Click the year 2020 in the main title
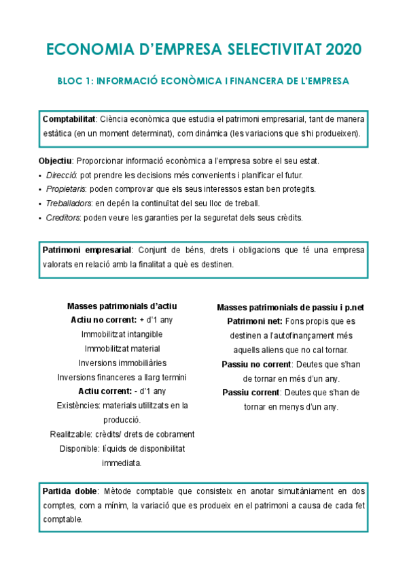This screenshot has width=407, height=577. (x=343, y=50)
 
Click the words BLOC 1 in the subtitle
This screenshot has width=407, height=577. (x=73, y=81)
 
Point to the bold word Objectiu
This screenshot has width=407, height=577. (x=56, y=161)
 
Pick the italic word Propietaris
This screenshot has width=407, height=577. (x=67, y=189)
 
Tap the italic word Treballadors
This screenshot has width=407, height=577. (x=69, y=203)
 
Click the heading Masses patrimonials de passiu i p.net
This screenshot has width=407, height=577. (x=290, y=308)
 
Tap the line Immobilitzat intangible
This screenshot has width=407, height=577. (x=122, y=334)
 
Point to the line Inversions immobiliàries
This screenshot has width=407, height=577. (x=122, y=363)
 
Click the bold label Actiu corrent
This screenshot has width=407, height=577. (x=105, y=391)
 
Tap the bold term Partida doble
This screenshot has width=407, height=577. (x=70, y=491)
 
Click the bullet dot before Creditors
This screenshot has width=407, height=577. (x=40, y=218)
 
